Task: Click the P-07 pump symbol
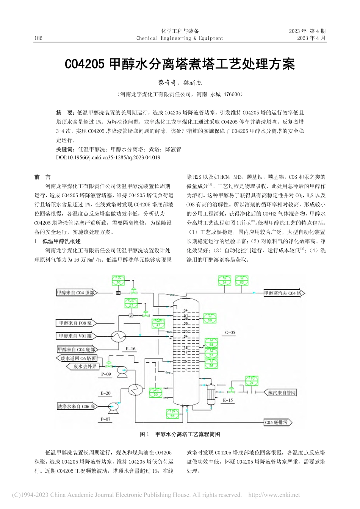pyautogui.click(x=113, y=407)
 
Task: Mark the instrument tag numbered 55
pyautogui.click(x=172, y=414)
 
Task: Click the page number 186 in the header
pyautogui.click(x=38, y=38)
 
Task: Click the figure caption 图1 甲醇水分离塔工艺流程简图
pyautogui.click(x=180, y=434)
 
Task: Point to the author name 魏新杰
pyautogui.click(x=195, y=82)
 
